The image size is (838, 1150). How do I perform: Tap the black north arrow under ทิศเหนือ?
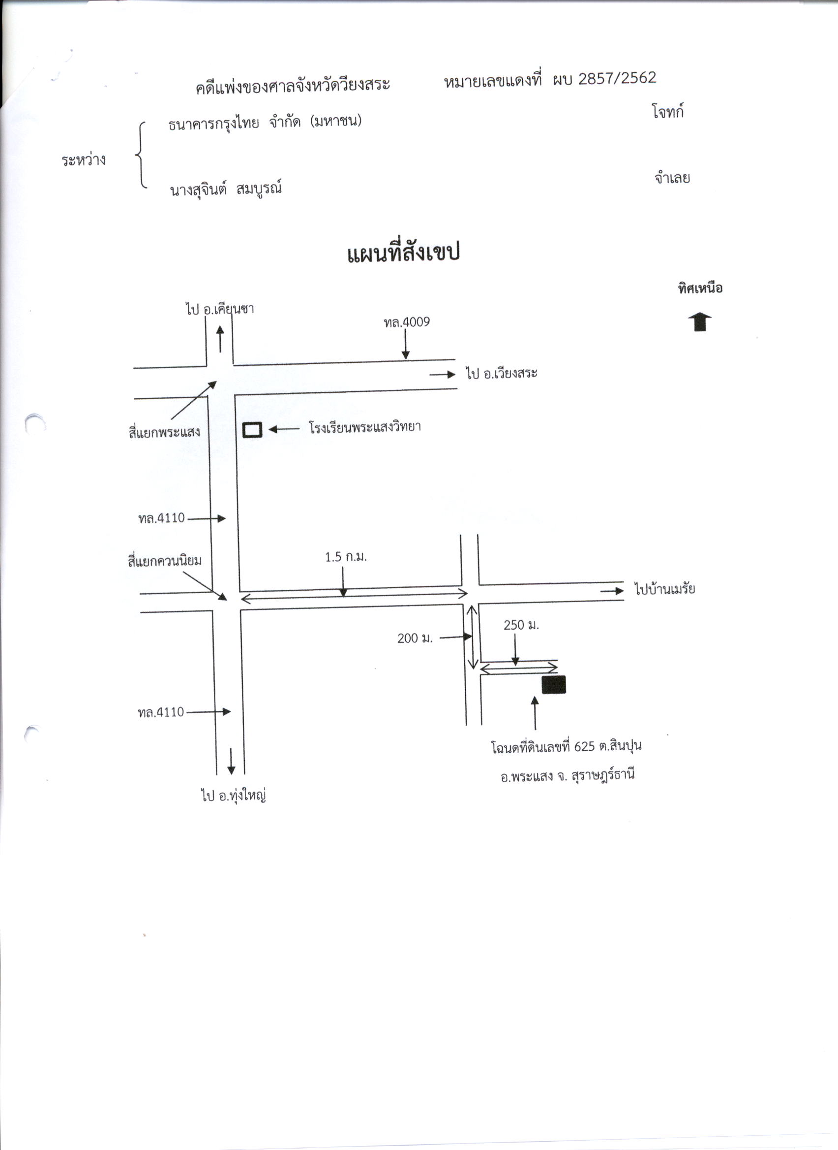click(700, 322)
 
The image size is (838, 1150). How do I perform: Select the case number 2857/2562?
click(617, 78)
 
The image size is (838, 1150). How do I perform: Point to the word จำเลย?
click(672, 178)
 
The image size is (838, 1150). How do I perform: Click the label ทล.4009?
click(407, 322)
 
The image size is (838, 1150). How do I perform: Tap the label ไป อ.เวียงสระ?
click(501, 374)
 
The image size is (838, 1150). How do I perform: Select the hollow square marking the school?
click(252, 430)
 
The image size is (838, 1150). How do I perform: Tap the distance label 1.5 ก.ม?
click(345, 557)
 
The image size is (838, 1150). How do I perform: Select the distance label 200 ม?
click(415, 638)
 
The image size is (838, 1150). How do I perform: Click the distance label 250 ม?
click(521, 625)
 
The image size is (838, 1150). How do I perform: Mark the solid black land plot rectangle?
click(553, 684)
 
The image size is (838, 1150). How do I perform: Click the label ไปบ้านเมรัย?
click(664, 589)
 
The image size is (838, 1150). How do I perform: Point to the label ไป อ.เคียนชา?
click(219, 309)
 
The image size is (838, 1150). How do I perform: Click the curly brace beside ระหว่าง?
click(141, 155)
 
